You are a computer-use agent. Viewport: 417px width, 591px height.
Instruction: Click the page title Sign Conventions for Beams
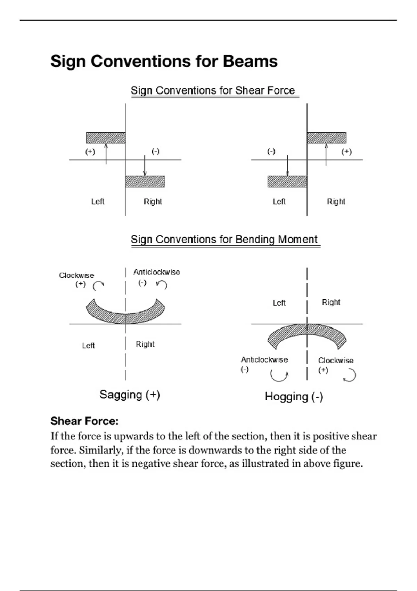tap(164, 61)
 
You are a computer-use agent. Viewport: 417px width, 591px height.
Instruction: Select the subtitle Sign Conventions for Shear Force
tap(213, 90)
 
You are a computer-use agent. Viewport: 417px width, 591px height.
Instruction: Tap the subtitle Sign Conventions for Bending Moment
tap(224, 240)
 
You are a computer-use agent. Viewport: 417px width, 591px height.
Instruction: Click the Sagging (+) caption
tap(130, 395)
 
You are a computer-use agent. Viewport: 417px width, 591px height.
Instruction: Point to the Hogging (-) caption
tap(294, 396)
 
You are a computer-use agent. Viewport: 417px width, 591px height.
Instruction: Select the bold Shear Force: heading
tap(84, 421)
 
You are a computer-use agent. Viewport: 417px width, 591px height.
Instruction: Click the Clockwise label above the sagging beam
tap(76, 275)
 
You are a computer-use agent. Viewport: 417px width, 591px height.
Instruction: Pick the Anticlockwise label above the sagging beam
tap(157, 272)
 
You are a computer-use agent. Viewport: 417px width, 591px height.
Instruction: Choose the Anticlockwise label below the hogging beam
tap(264, 359)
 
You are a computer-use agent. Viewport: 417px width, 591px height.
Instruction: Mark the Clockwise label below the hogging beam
tap(336, 360)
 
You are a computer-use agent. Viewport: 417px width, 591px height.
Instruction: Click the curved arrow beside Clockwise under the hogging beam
tap(350, 375)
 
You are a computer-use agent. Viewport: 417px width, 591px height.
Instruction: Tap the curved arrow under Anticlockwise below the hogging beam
tap(279, 375)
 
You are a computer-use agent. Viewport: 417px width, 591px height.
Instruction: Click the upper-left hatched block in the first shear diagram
tap(106, 138)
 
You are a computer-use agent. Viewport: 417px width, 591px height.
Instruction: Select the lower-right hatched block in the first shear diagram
tap(145, 181)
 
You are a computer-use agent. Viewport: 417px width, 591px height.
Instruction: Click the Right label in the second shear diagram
tap(336, 202)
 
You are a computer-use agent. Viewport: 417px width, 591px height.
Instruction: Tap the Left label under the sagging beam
tap(88, 346)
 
